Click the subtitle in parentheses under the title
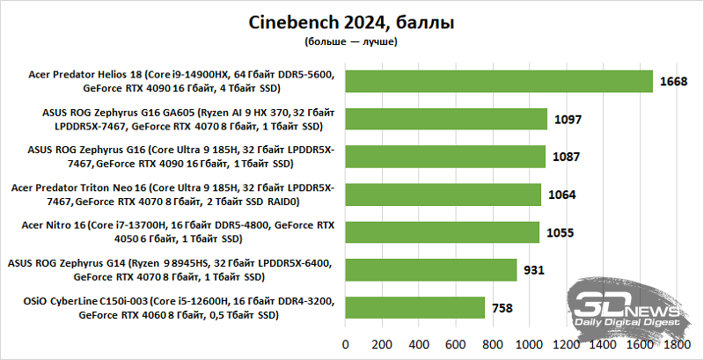click(352, 41)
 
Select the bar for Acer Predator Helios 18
click(498, 81)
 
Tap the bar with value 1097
click(446, 119)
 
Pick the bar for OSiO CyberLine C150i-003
click(414, 307)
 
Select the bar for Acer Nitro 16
click(442, 232)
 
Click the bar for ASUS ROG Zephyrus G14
click(430, 269)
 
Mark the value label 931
click(534, 270)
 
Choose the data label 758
click(502, 308)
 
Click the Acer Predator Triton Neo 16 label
click(172, 195)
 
